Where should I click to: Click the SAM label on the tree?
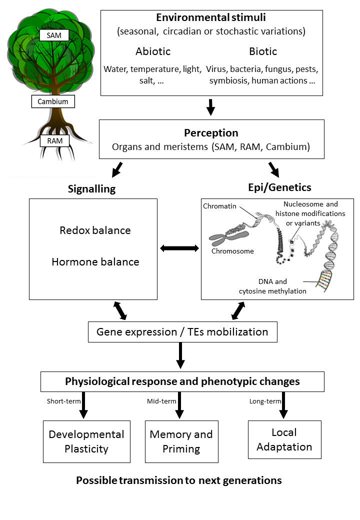[x=54, y=35]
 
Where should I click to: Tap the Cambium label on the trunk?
[x=53, y=101]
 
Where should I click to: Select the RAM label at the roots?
[x=54, y=141]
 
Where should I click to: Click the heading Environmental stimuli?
[x=211, y=17]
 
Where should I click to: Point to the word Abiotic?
[x=153, y=51]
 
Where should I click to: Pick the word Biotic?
[x=263, y=51]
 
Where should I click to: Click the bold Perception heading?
[x=211, y=132]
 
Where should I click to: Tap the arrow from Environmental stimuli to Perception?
[x=211, y=107]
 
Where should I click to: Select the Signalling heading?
[x=92, y=189]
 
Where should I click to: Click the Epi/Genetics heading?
[x=280, y=187]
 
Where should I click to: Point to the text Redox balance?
[x=95, y=230]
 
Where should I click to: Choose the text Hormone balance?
[x=95, y=261]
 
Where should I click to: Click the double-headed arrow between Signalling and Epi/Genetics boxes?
[x=179, y=248]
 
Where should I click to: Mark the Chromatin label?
[x=219, y=206]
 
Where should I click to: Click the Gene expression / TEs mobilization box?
[x=182, y=332]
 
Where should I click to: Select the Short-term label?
[x=63, y=401]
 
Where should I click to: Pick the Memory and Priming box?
[x=181, y=441]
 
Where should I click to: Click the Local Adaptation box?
[x=285, y=439]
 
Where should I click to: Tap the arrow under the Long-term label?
[x=283, y=405]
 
